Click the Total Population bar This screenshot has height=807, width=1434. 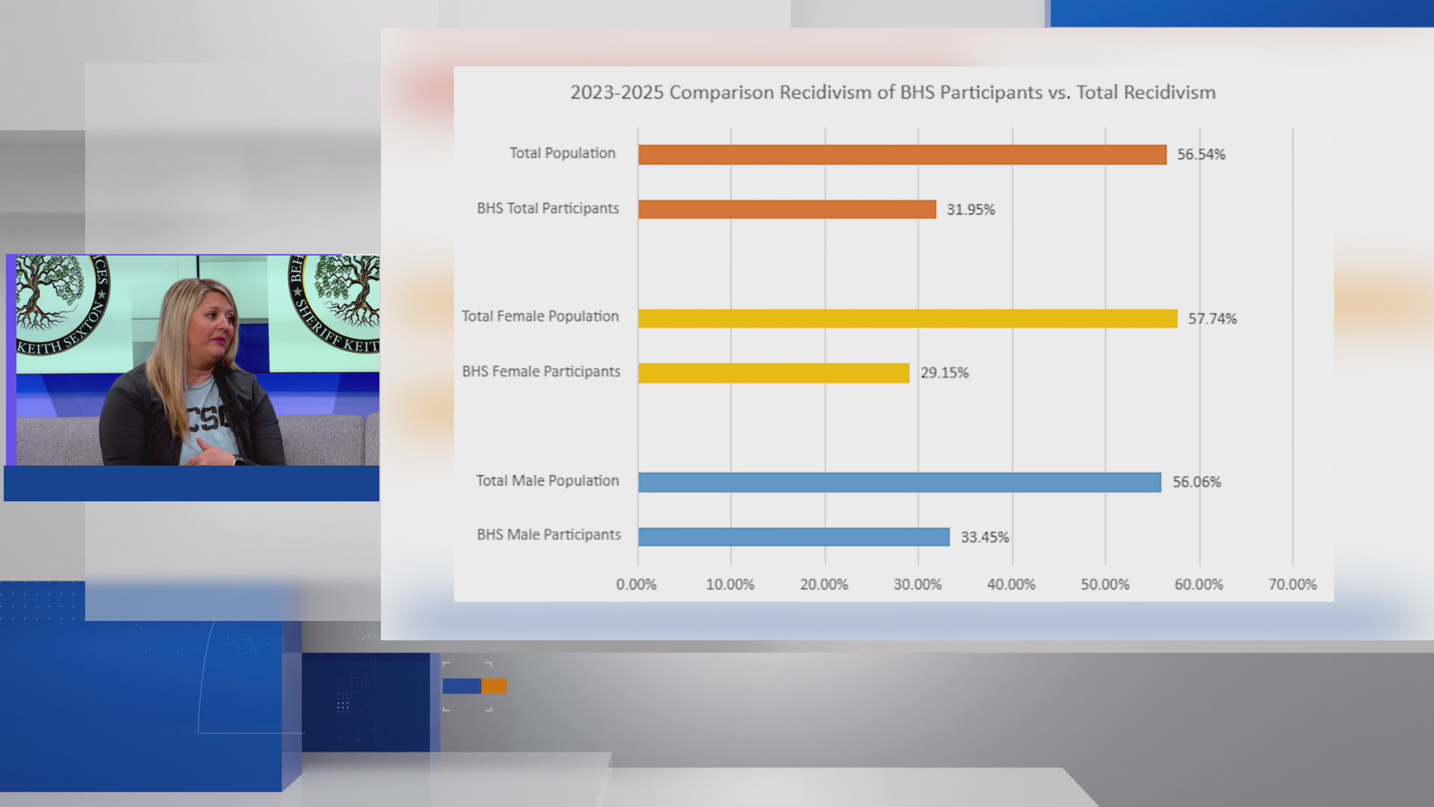(x=901, y=155)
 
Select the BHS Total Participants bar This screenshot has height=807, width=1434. (x=786, y=209)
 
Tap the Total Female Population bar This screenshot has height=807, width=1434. (x=907, y=318)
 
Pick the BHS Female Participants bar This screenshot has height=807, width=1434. (x=773, y=373)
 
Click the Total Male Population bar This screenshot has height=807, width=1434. (x=899, y=483)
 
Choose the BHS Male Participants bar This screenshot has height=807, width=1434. (x=793, y=537)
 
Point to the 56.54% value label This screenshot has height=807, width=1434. (x=1201, y=155)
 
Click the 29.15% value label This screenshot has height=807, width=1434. (x=944, y=373)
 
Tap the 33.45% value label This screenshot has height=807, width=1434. (x=984, y=537)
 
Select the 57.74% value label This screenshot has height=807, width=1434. (x=1212, y=319)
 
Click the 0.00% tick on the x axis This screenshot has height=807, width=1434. (x=636, y=584)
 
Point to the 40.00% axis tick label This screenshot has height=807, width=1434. (x=1011, y=584)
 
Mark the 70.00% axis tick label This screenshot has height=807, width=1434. (x=1292, y=584)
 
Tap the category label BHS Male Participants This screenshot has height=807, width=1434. (x=549, y=535)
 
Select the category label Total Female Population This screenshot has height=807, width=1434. (x=540, y=317)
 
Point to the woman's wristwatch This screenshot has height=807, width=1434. (x=238, y=460)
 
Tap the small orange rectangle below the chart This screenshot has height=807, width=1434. (x=494, y=686)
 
